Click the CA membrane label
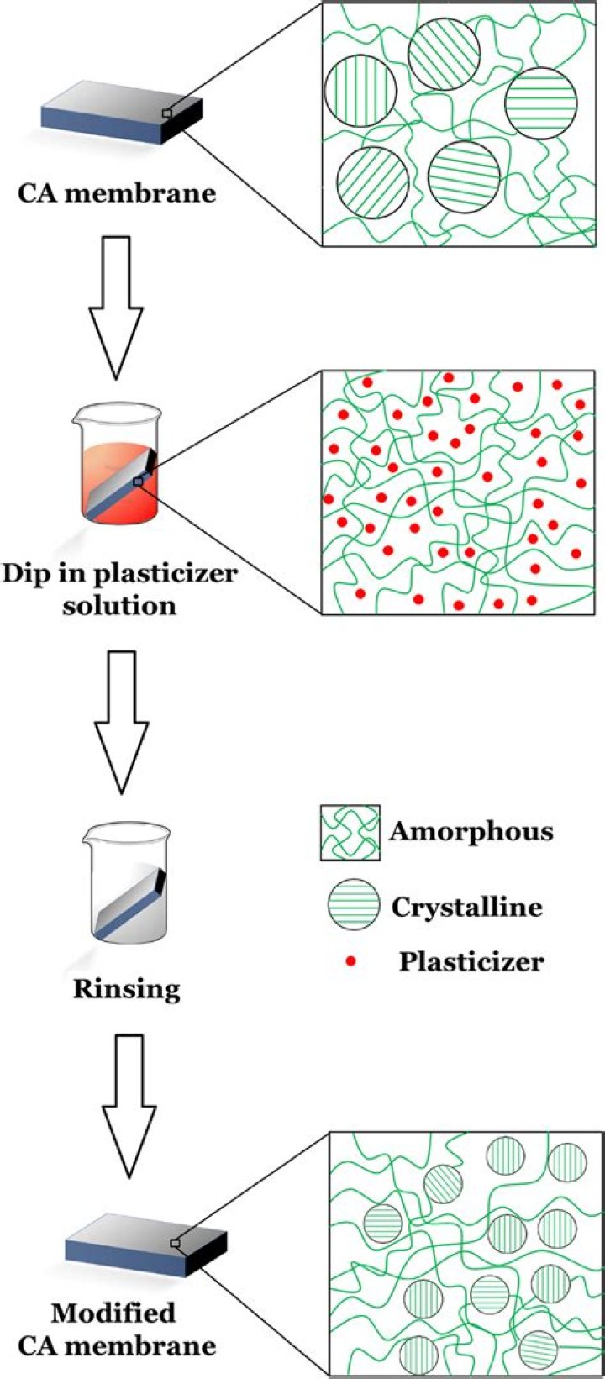click(117, 193)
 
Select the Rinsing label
click(126, 987)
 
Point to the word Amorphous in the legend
click(471, 832)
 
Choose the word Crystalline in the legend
click(466, 907)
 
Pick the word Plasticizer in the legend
click(471, 961)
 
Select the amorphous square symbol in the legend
click(350, 832)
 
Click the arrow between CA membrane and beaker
click(116, 306)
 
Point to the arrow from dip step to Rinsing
click(122, 722)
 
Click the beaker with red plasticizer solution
click(117, 473)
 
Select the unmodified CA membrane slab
click(123, 113)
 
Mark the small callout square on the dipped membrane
click(138, 482)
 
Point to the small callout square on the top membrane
click(167, 113)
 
